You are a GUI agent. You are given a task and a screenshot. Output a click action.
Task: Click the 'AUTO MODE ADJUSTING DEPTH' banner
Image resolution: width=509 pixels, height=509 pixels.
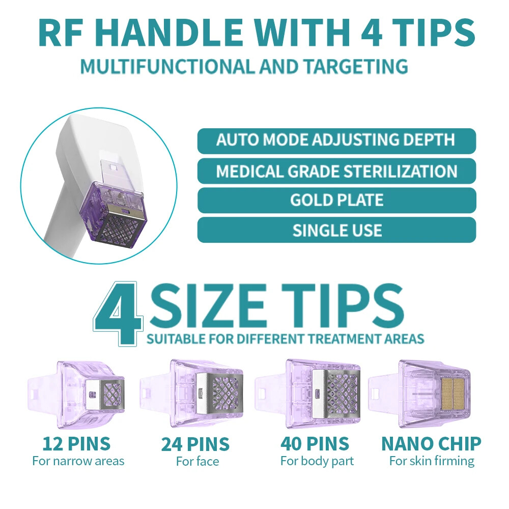pos(336,140)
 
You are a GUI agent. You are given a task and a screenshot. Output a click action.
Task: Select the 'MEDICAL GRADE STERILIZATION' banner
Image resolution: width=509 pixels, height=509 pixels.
pos(336,171)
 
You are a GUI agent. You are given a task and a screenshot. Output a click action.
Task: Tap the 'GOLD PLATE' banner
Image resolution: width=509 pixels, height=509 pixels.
pos(336,200)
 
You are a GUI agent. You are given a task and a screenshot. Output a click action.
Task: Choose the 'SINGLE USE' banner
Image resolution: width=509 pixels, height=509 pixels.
pos(336,230)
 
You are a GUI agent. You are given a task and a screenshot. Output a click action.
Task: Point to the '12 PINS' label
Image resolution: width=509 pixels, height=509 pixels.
pos(77,444)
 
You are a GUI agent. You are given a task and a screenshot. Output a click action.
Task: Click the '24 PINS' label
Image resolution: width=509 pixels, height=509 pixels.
pos(195,444)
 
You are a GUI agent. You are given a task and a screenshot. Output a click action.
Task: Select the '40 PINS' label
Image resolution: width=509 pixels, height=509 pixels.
pos(315,444)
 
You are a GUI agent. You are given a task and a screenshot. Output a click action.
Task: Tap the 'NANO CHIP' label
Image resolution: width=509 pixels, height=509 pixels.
pos(431,444)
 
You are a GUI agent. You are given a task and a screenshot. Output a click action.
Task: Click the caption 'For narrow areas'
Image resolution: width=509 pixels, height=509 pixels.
pos(78,461)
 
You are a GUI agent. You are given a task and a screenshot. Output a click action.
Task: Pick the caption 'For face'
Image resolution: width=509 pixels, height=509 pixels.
pos(197,461)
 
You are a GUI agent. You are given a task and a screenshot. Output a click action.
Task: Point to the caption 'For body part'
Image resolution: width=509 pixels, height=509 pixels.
pos(317,461)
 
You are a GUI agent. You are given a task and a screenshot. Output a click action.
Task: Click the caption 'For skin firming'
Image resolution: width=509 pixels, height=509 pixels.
pos(432,461)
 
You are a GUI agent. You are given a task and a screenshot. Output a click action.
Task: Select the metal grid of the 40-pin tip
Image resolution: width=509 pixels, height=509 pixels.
pos(342,393)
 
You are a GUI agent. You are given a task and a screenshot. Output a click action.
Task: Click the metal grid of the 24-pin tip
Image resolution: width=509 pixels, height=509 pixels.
pos(227,393)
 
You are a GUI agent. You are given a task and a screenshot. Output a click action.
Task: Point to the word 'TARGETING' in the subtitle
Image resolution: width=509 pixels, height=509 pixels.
pos(356,66)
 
